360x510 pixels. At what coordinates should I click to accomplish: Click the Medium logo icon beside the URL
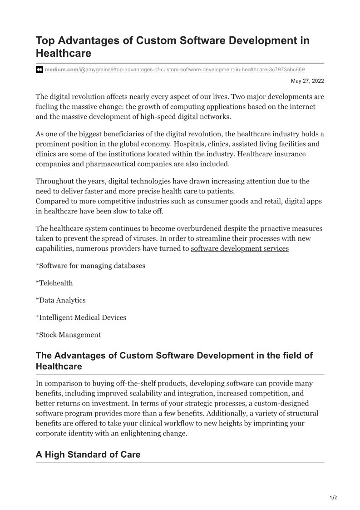coord(39,69)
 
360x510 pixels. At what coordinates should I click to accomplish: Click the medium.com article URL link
coord(175,69)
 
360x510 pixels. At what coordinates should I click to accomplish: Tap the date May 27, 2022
coord(307,81)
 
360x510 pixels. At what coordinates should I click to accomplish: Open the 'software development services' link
coord(240,248)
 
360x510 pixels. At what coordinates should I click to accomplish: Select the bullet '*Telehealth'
coord(54,283)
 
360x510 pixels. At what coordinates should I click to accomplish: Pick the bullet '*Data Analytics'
coord(60,300)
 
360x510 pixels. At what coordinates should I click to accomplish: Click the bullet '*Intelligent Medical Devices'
coord(81,317)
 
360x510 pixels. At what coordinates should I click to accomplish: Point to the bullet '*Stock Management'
coord(68,335)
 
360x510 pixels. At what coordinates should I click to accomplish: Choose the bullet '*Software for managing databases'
coord(90,266)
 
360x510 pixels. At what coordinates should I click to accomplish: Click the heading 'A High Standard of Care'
coord(88,455)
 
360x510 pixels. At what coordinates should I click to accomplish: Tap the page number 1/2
coord(333,498)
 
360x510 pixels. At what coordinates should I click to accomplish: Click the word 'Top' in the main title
coord(45,40)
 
